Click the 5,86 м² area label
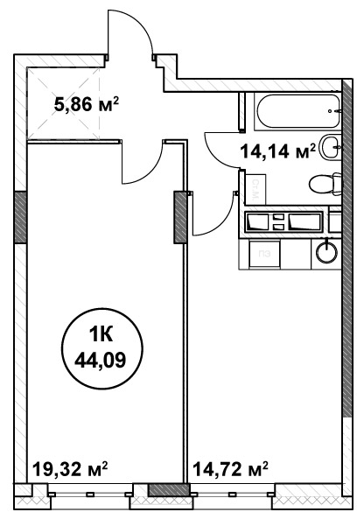(x=86, y=105)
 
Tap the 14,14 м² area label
(x=277, y=151)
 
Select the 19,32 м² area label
(x=70, y=469)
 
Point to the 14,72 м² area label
(x=230, y=469)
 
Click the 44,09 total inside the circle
(x=101, y=360)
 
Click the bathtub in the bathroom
(x=297, y=111)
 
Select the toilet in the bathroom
(x=325, y=183)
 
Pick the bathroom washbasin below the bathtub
(x=332, y=147)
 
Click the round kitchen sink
(x=327, y=253)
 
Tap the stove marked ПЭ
(x=265, y=254)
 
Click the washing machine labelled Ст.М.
(x=255, y=188)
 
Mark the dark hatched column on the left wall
(x=20, y=217)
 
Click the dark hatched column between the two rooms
(x=180, y=217)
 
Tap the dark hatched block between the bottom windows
(x=168, y=489)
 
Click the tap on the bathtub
(x=335, y=111)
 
